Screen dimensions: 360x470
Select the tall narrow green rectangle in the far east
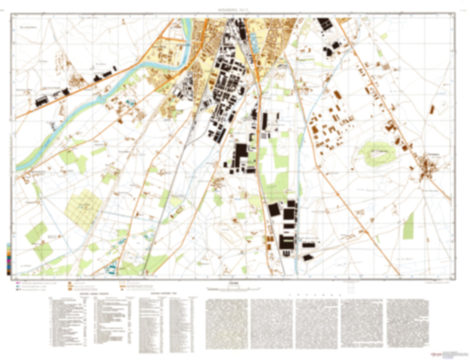click(x=409, y=226)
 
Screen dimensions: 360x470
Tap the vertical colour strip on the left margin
click(x=8, y=259)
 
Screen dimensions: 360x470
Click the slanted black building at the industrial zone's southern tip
click(x=308, y=258)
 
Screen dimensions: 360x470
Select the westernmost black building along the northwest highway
click(x=41, y=101)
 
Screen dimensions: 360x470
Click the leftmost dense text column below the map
click(x=227, y=324)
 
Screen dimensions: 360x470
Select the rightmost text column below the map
click(x=407, y=324)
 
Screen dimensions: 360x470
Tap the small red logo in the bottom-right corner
click(x=433, y=354)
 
